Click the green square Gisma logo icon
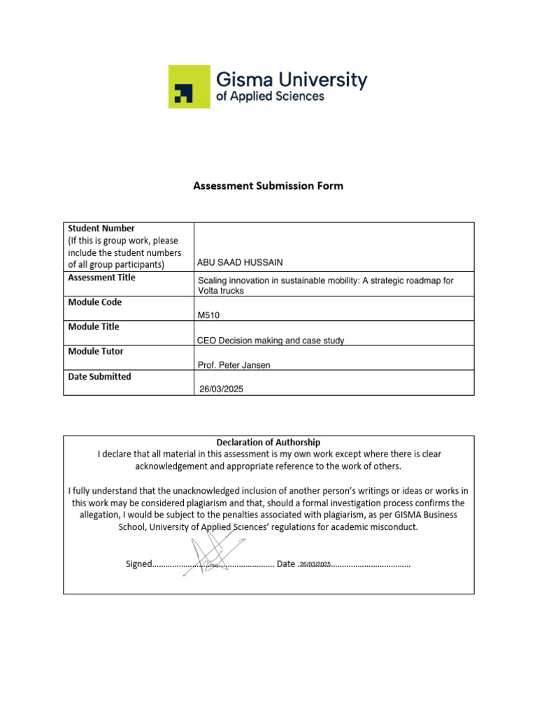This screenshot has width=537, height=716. [x=189, y=87]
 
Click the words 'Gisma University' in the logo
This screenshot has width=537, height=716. [x=292, y=79]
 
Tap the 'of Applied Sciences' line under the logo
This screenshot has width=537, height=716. [x=270, y=96]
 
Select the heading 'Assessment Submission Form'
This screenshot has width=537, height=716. [x=268, y=186]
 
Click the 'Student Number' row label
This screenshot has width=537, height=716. [x=101, y=229]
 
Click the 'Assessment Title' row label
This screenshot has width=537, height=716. [x=101, y=278]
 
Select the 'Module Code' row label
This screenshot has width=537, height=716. [x=94, y=302]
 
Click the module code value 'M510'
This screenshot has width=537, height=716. [x=209, y=315]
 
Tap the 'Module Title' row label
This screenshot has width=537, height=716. [x=94, y=327]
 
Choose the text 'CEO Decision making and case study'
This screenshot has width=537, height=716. [x=271, y=341]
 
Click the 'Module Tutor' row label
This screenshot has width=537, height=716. [x=95, y=351]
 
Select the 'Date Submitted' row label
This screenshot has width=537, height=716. [x=99, y=376]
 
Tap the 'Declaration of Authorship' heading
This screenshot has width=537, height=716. [x=268, y=442]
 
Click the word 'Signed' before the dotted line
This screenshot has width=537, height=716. [x=138, y=564]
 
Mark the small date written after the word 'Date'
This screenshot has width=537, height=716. [x=315, y=564]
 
